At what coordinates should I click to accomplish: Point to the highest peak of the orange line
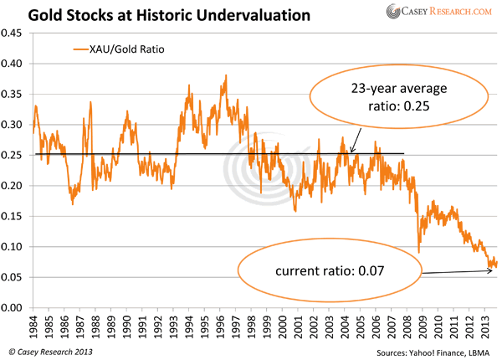pyautogui.click(x=226, y=75)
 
